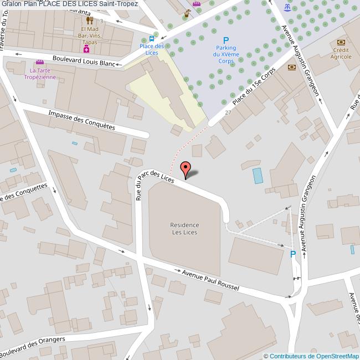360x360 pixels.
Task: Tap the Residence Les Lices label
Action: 185,228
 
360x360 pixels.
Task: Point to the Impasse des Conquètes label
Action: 81,119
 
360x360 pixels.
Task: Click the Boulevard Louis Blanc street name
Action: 83,61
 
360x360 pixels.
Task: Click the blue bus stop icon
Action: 152,39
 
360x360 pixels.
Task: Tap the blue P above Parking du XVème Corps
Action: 225,40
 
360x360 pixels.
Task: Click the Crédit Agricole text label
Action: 341,53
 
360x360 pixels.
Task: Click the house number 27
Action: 228,112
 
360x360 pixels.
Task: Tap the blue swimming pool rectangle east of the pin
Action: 258,176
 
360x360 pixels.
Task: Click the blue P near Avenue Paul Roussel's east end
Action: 292,254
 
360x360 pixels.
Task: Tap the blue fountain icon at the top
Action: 286,8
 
